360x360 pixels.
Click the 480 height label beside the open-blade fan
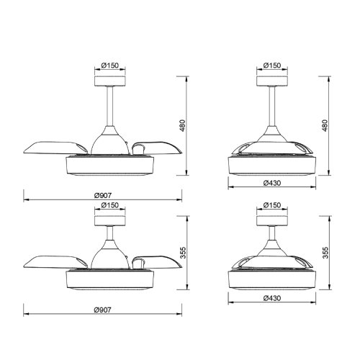pos(183,125)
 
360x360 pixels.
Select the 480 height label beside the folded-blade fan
pos(325,125)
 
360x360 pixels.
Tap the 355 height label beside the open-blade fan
pos(183,253)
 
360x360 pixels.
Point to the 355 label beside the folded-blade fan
pos(325,253)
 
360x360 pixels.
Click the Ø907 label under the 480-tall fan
pos(103,195)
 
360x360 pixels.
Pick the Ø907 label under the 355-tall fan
pos(103,310)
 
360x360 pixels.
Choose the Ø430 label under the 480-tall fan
pos(272,183)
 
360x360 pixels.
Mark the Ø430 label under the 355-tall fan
pos(272,298)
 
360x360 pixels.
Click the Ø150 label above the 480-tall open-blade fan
pos(110,66)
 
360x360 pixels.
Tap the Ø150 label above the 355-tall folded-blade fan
pos(272,205)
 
